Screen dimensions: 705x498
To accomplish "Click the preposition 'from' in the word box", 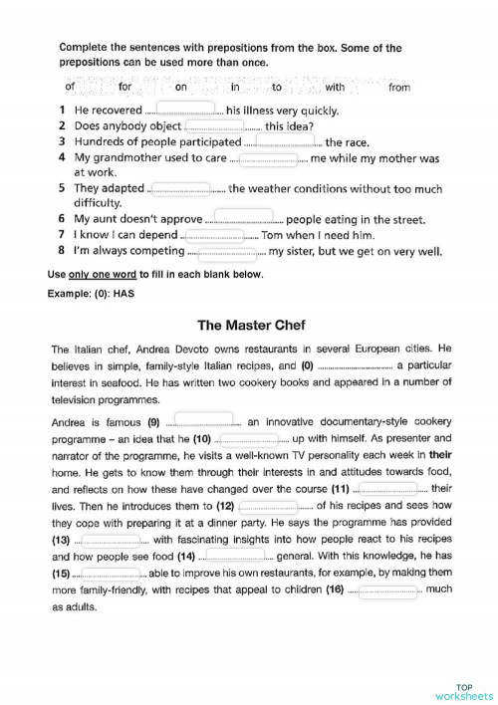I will pos(398,88).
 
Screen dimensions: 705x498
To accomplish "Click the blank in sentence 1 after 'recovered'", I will pos(184,110).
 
